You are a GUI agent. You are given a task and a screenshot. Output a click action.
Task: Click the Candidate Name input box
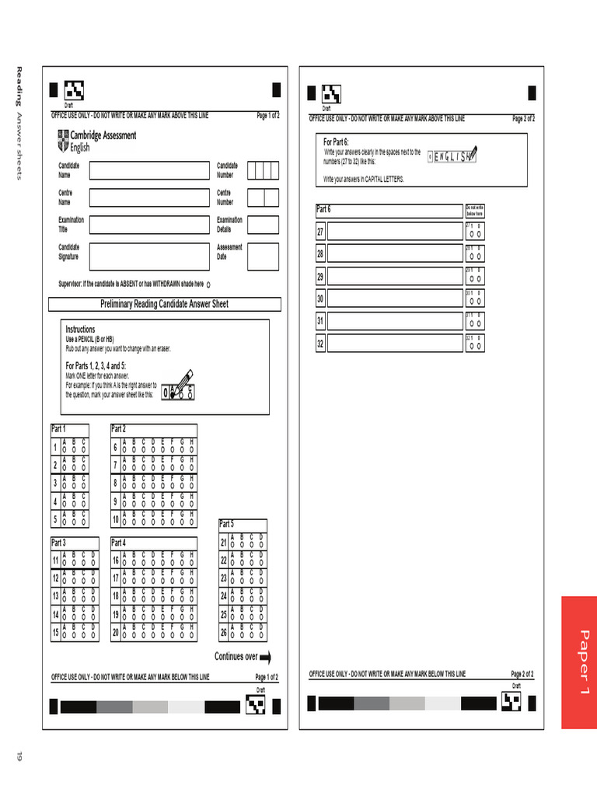(148, 170)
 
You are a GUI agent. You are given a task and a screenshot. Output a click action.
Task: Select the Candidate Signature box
(148, 256)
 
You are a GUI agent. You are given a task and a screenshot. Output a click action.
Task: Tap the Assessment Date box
(263, 256)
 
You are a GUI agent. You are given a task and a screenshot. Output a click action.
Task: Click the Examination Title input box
(148, 225)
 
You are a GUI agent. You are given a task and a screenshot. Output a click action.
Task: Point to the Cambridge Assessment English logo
(96, 141)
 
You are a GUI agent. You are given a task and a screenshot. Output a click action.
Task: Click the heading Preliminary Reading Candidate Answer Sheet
(164, 304)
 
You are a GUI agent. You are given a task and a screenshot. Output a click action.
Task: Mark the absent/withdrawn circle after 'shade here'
(209, 285)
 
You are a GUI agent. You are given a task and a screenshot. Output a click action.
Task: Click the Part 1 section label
(59, 429)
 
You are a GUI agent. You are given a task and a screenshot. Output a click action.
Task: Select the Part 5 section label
(227, 524)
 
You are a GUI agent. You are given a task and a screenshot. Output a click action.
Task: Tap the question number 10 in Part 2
(115, 520)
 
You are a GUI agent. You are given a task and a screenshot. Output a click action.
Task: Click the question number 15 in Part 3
(55, 633)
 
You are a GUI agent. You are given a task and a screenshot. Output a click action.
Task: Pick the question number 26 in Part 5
(224, 633)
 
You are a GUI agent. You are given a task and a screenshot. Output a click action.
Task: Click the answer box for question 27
(394, 232)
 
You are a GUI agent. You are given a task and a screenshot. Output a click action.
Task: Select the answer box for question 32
(394, 343)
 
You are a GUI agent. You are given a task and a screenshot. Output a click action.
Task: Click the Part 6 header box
(388, 210)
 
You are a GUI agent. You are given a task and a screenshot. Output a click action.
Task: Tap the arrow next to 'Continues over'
(265, 658)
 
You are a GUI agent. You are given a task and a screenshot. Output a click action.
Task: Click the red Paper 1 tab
(578, 662)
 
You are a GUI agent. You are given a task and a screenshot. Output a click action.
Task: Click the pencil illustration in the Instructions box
(180, 384)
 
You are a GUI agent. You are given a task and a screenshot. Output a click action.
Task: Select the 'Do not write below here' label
(474, 210)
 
